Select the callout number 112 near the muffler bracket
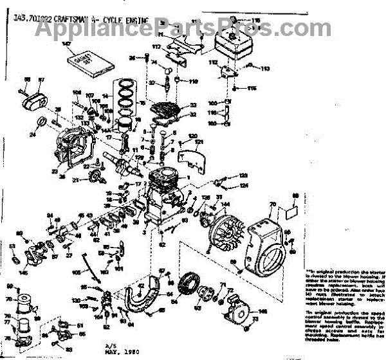click(x=214, y=63)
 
